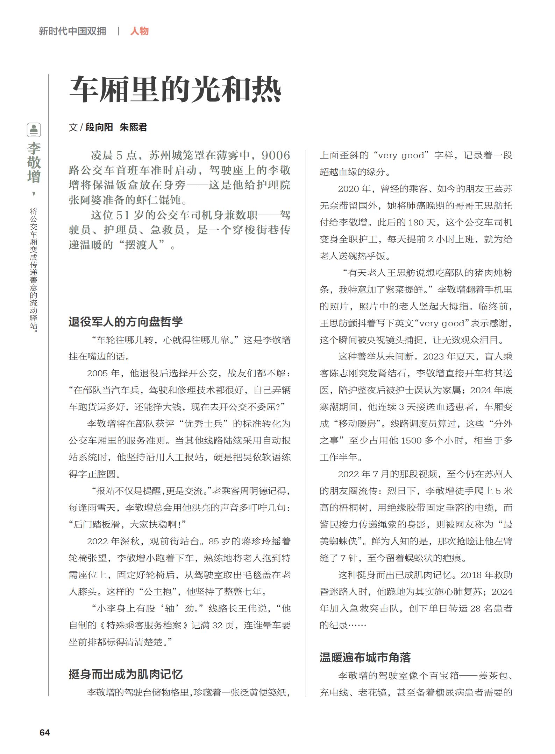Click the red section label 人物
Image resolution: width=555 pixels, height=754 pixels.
pyautogui.click(x=139, y=31)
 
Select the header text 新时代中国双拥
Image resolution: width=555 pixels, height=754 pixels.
pyautogui.click(x=72, y=31)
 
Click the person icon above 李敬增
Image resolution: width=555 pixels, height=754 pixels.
pyautogui.click(x=34, y=130)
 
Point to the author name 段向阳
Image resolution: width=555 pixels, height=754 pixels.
pyautogui.click(x=99, y=127)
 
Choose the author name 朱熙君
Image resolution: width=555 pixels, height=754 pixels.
pyautogui.click(x=133, y=127)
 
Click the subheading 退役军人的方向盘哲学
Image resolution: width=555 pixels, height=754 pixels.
pyautogui.click(x=126, y=321)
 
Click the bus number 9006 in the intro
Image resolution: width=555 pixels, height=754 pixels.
pyautogui.click(x=276, y=155)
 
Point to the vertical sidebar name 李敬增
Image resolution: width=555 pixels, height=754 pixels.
pyautogui.click(x=34, y=162)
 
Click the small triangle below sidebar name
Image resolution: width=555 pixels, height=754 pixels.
pyautogui.click(x=34, y=194)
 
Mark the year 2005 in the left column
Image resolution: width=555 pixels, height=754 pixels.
pyautogui.click(x=98, y=373)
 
